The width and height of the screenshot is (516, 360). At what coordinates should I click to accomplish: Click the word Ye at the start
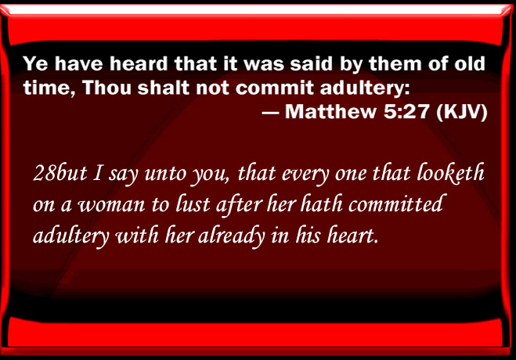point(36,63)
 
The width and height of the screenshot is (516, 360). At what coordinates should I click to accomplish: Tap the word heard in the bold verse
point(139,63)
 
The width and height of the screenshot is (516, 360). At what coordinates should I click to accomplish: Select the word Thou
point(107,88)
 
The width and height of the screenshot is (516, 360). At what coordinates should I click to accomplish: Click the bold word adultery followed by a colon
point(365,88)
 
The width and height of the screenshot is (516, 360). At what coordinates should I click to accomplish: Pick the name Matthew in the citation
point(330,111)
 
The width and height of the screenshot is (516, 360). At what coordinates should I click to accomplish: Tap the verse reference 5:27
point(406,111)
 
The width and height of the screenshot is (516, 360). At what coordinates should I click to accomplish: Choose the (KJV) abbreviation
point(462,112)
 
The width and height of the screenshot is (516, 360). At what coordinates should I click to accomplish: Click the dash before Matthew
point(270,113)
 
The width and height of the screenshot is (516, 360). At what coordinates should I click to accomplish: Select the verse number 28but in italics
point(60,173)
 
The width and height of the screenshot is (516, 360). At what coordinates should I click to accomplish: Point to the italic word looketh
point(450,173)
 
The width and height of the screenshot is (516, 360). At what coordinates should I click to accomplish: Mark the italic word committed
point(395,203)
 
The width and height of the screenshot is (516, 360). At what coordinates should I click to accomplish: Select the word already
point(232,236)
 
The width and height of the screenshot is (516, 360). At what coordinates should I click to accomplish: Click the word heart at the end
point(352,235)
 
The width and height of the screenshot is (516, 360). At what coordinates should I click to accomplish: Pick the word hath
point(321,203)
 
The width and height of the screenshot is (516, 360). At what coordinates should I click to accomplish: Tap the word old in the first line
point(470,63)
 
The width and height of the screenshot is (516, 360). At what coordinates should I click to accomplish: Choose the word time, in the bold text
point(49,88)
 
